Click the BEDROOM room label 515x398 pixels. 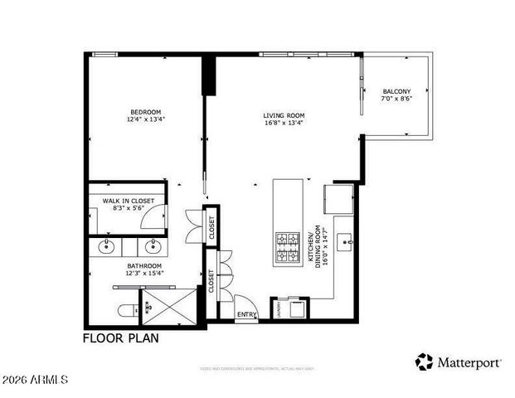pos(145,112)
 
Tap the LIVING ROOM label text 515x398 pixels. pos(284,115)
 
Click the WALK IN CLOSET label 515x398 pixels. pos(128,200)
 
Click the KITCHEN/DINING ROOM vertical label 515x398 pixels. pos(315,247)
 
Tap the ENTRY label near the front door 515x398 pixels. pos(247,314)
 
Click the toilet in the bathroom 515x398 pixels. pos(127,311)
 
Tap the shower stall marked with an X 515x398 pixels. pos(169,307)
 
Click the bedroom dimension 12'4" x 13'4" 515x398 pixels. pos(145,119)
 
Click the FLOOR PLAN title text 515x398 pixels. pos(120,337)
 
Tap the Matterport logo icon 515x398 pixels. pos(425,362)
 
